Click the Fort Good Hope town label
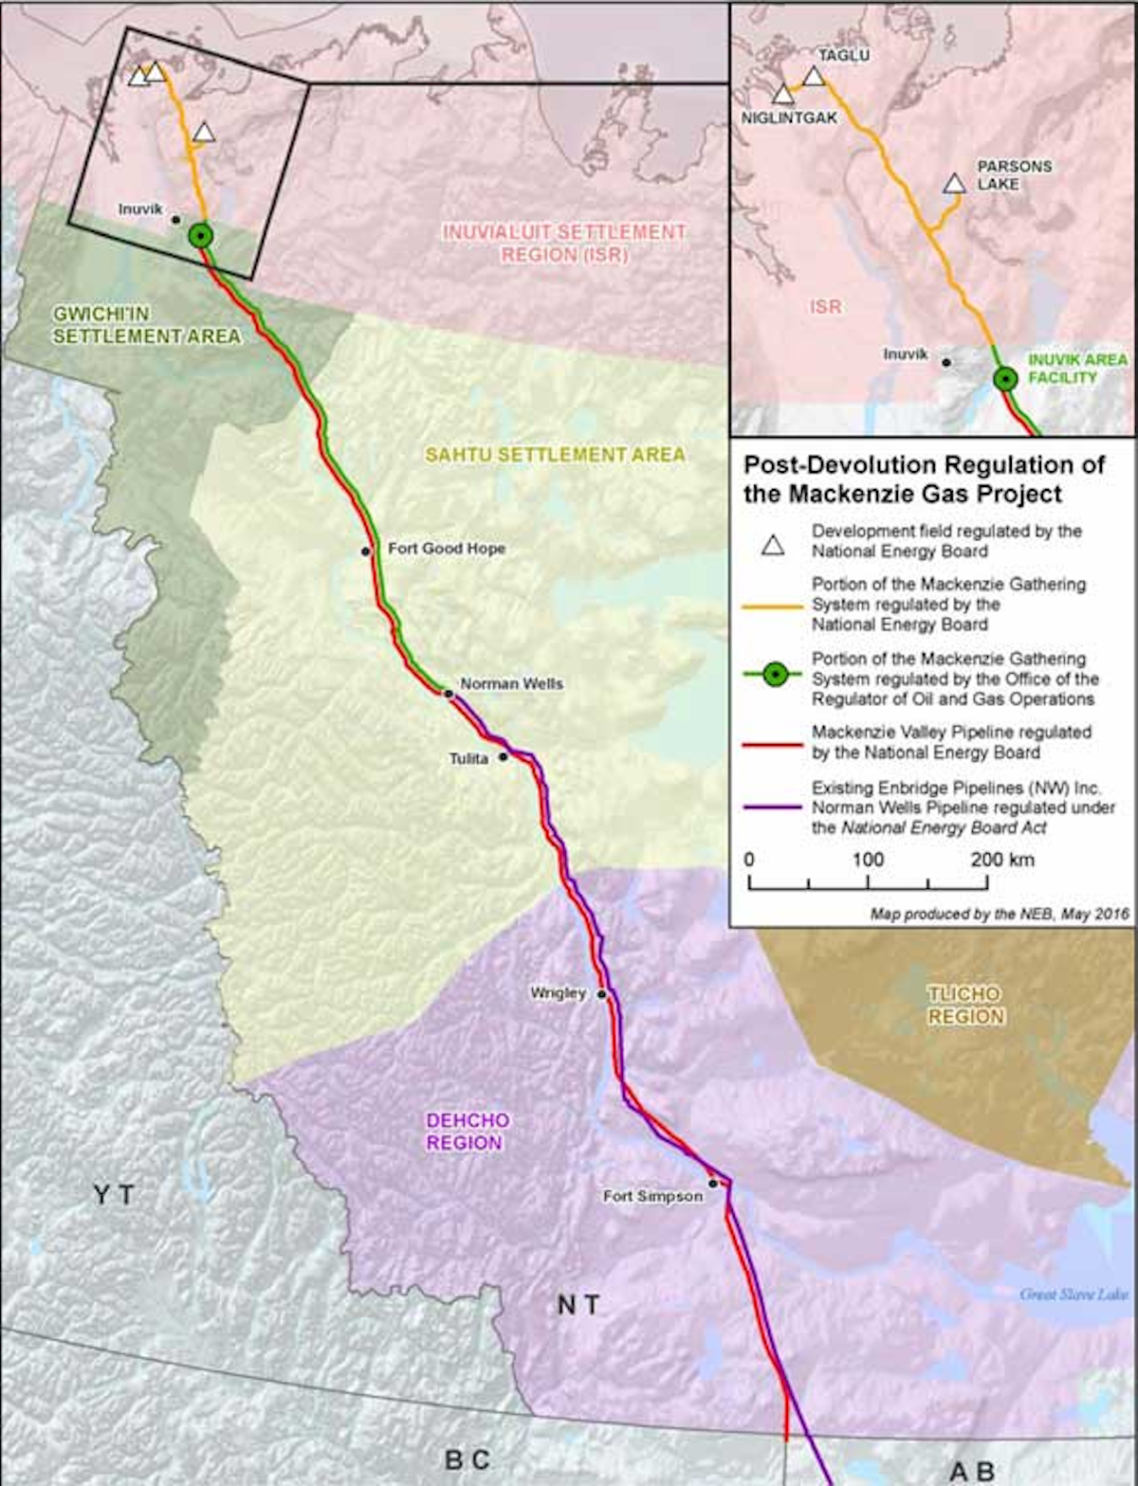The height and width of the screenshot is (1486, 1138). click(x=446, y=549)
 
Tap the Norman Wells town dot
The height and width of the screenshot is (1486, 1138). click(x=449, y=694)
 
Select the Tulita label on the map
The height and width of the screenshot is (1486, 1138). click(x=468, y=758)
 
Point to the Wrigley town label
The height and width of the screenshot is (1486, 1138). click(x=558, y=992)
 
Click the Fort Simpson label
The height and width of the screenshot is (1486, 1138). click(x=652, y=1197)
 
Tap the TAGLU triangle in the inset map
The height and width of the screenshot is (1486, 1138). click(x=814, y=77)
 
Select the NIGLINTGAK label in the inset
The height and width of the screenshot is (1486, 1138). click(x=790, y=118)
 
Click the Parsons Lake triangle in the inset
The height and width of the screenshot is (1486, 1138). click(x=953, y=184)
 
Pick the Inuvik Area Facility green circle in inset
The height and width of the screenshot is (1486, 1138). click(x=1005, y=379)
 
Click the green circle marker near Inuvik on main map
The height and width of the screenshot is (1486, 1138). click(x=200, y=236)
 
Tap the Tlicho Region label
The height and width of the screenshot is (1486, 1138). click(x=964, y=1006)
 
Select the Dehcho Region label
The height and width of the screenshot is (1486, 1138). click(x=467, y=1132)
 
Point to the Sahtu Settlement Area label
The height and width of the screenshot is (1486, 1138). click(x=555, y=455)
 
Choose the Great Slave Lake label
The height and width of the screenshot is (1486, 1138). click(x=1073, y=1295)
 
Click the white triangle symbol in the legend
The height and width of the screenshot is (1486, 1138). click(x=774, y=544)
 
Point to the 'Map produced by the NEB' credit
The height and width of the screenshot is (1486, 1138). click(x=1000, y=915)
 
